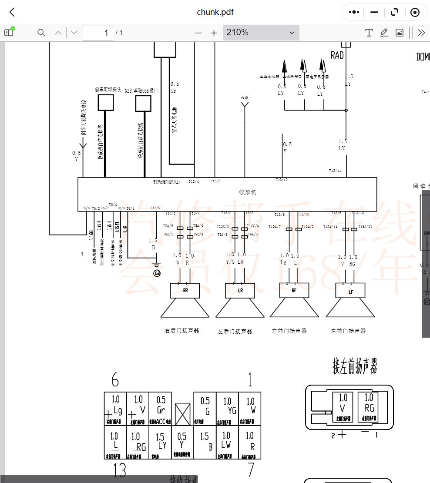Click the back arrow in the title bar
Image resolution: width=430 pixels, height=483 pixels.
click(x=12, y=12)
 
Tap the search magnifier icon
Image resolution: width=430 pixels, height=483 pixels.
click(x=41, y=33)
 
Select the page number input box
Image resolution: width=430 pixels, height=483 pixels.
click(x=98, y=33)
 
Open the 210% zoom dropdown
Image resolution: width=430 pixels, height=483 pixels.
click(x=261, y=33)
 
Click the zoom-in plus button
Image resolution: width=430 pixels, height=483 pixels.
click(x=214, y=33)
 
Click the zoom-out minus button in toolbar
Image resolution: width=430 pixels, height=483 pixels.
click(x=198, y=33)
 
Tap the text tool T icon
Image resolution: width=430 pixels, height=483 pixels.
click(x=369, y=33)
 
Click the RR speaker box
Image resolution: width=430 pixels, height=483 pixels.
click(x=185, y=290)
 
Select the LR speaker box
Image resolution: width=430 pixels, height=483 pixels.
click(x=240, y=290)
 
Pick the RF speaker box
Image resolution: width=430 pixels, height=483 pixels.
click(x=294, y=290)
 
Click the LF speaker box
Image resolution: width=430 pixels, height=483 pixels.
click(x=350, y=291)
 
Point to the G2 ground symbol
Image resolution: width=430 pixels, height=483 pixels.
click(x=157, y=273)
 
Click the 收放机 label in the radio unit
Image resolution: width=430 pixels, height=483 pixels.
click(x=248, y=192)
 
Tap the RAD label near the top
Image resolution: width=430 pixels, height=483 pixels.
click(x=337, y=55)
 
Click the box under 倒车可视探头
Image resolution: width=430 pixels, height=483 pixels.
click(x=105, y=103)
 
